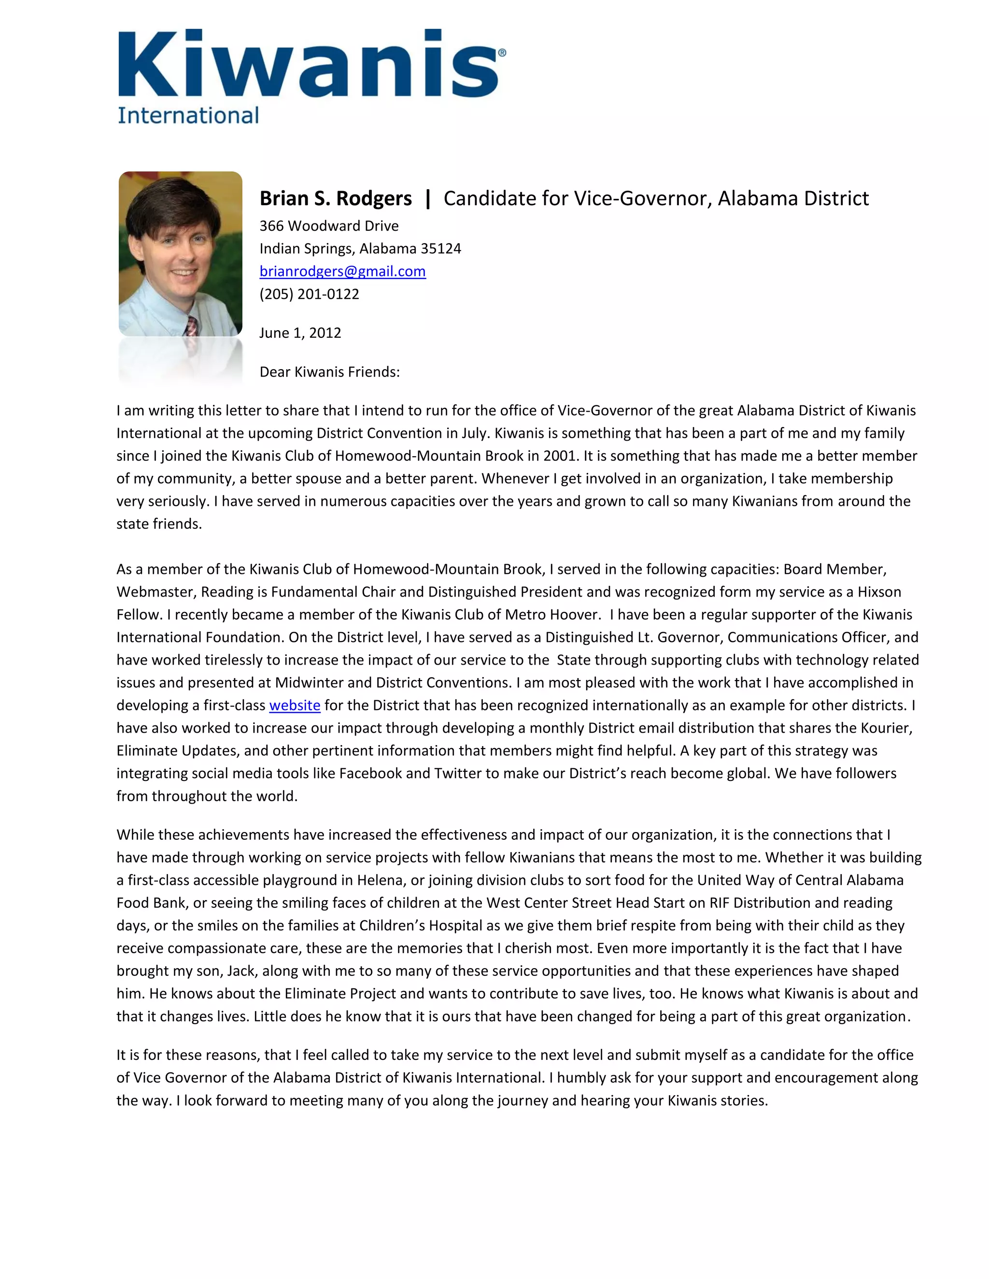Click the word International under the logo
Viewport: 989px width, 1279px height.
[x=188, y=115]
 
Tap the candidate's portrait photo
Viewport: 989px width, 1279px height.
[x=181, y=253]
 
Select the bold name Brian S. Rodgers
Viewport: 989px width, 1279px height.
[x=336, y=198]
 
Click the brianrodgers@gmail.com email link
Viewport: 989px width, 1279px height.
[x=343, y=271]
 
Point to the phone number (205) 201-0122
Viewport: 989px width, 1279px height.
[x=310, y=294]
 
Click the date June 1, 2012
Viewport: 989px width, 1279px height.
[x=300, y=333]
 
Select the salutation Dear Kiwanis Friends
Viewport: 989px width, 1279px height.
[x=329, y=372]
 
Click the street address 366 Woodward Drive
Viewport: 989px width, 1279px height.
[x=329, y=226]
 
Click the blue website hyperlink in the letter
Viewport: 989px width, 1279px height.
[x=295, y=706]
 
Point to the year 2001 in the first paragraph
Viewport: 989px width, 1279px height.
[x=560, y=456]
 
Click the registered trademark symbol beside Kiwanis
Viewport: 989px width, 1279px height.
[x=502, y=53]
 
